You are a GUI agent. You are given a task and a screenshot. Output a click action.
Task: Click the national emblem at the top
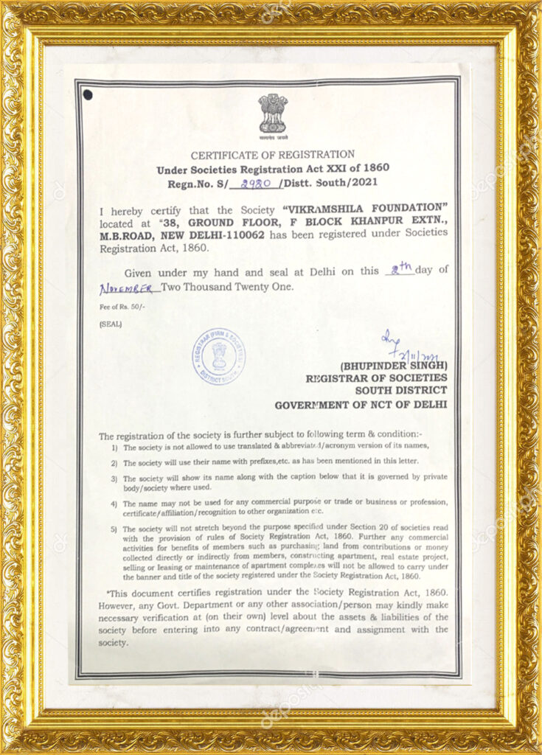click(272, 114)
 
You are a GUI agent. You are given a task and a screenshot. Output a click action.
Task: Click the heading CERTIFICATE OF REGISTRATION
click(272, 155)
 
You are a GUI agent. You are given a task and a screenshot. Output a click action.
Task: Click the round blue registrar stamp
click(218, 356)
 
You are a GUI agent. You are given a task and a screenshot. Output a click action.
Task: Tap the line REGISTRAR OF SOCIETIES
click(376, 378)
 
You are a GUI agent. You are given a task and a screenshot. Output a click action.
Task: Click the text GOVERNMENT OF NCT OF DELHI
click(361, 405)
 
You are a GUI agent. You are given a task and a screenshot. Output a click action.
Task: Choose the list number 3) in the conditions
click(114, 478)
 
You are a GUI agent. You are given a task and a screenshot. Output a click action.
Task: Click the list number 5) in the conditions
click(114, 529)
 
